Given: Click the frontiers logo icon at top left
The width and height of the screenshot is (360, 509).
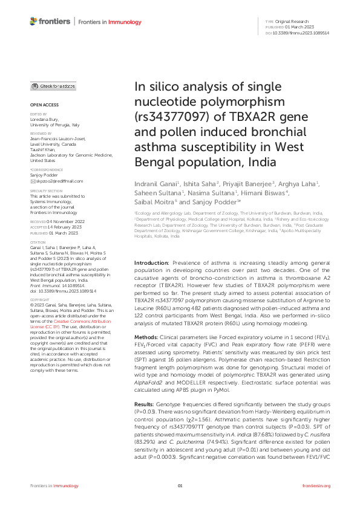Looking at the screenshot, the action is (34, 22).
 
